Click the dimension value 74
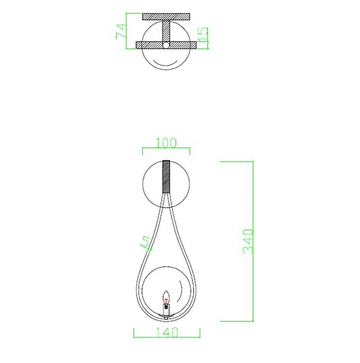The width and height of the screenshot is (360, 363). (x=122, y=31)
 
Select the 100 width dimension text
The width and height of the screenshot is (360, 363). (x=166, y=143)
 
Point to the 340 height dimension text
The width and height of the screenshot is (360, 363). (x=249, y=241)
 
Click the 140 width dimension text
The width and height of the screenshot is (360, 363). (x=167, y=332)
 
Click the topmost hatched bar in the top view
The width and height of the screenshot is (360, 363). (x=166, y=17)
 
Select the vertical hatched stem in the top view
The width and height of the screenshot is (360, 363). (x=166, y=31)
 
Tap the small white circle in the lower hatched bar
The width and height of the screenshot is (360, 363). (x=166, y=45)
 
